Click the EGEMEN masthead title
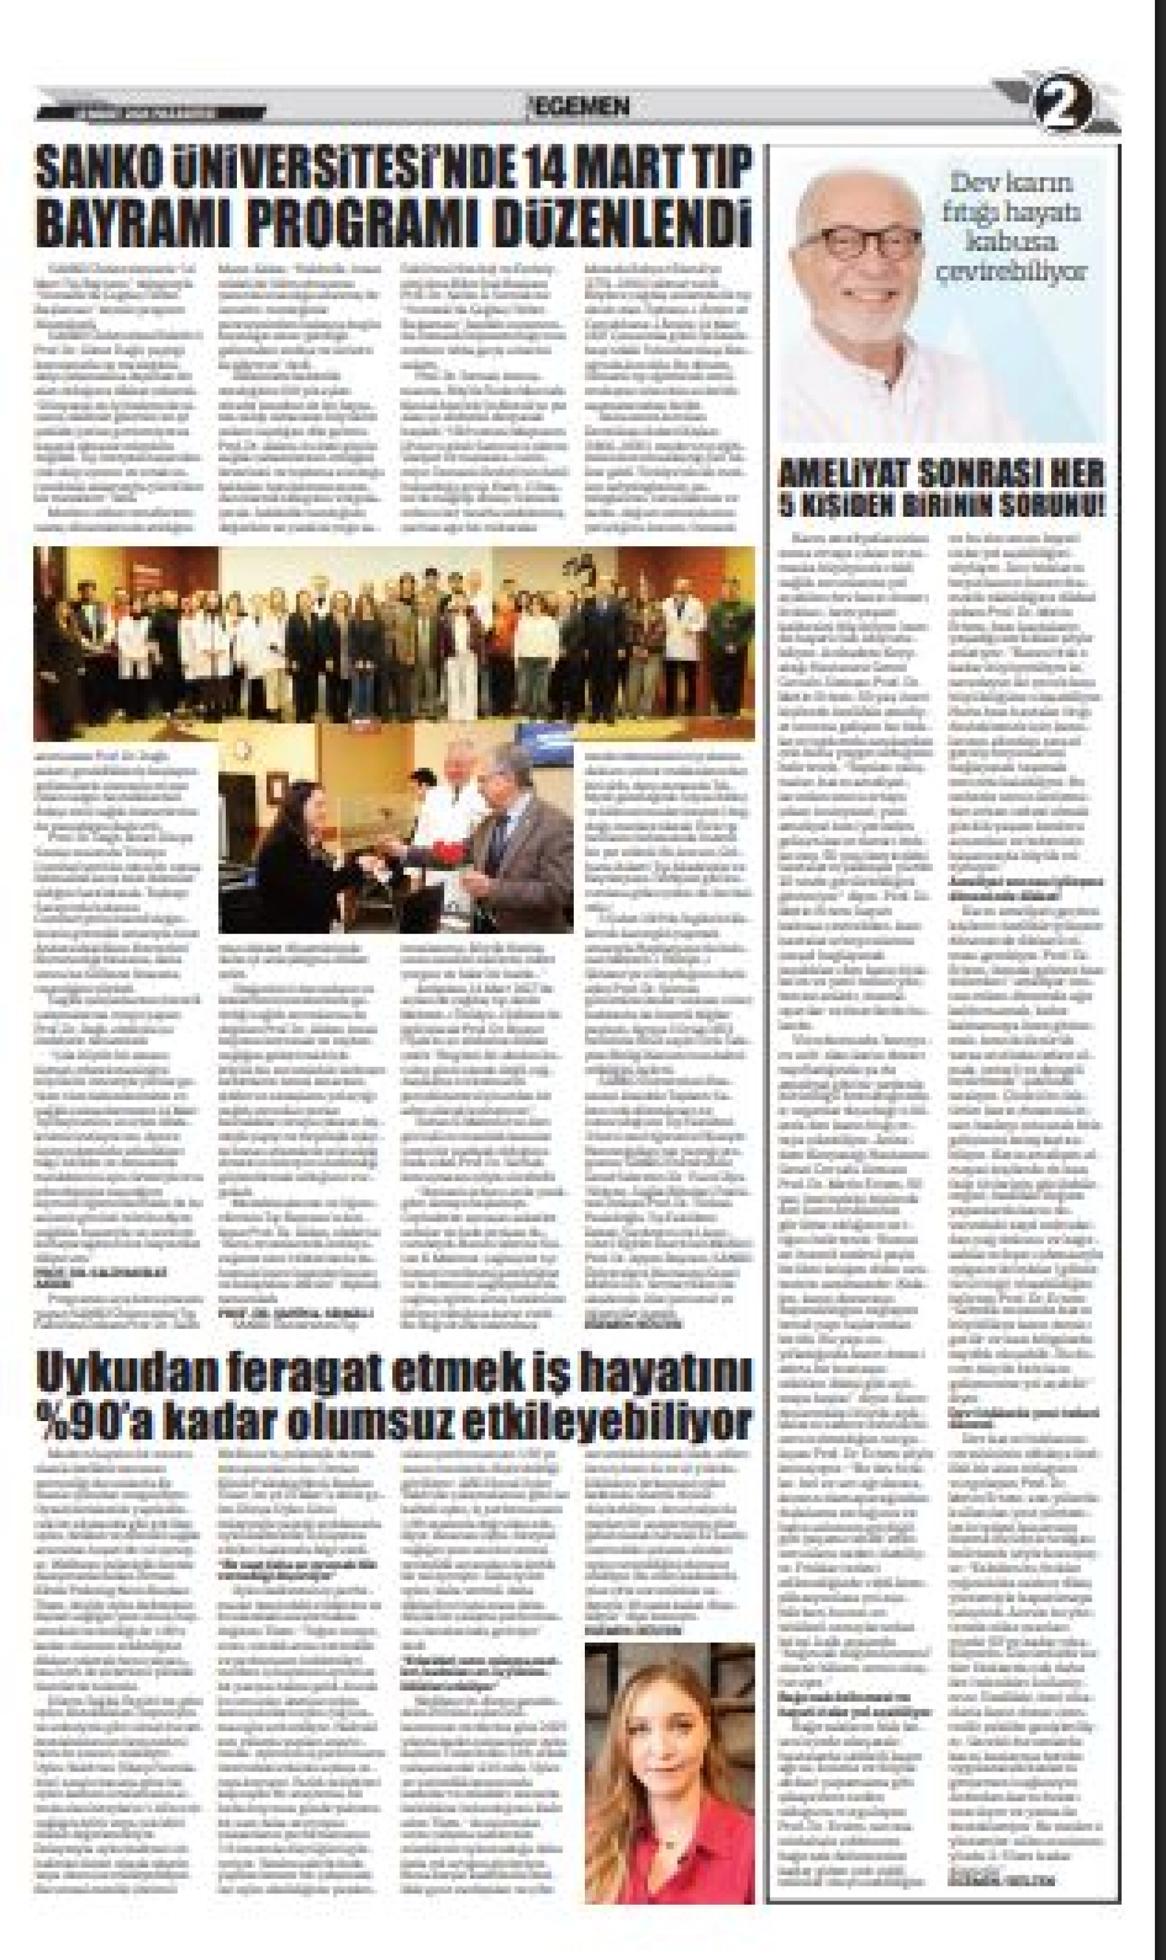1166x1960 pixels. (x=581, y=106)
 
